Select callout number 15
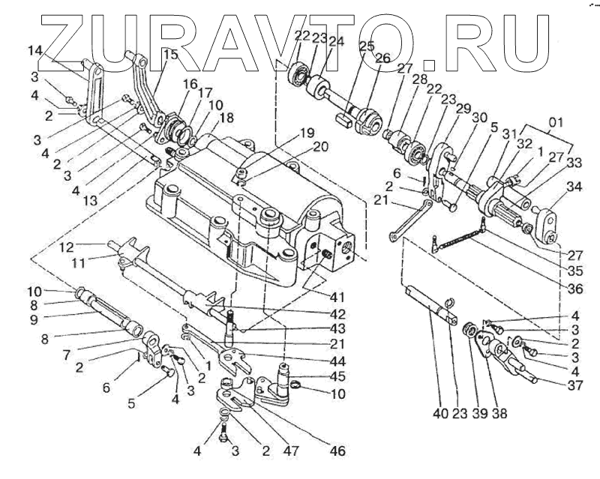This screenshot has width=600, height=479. click(170, 55)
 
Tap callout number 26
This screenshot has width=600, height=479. click(382, 58)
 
